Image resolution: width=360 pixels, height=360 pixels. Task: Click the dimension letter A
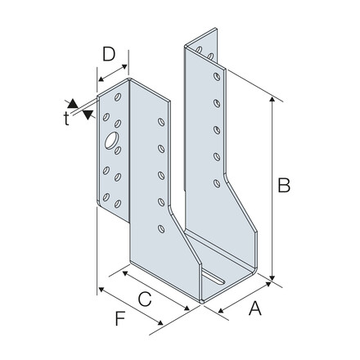tap(255, 308)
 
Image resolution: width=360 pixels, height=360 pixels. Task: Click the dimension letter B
tap(284, 185)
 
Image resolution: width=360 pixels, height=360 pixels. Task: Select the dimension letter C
tap(145, 299)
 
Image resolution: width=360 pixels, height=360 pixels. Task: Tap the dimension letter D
tap(109, 54)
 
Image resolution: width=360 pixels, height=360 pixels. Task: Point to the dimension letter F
tap(120, 318)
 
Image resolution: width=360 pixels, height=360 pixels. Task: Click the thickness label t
tap(66, 119)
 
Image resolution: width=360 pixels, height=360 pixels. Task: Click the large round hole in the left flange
tap(111, 141)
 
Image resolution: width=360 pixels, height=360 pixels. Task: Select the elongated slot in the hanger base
tap(214, 277)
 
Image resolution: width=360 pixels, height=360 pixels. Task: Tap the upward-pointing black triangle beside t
tap(73, 103)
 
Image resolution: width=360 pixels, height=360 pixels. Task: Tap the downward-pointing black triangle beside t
tap(88, 115)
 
